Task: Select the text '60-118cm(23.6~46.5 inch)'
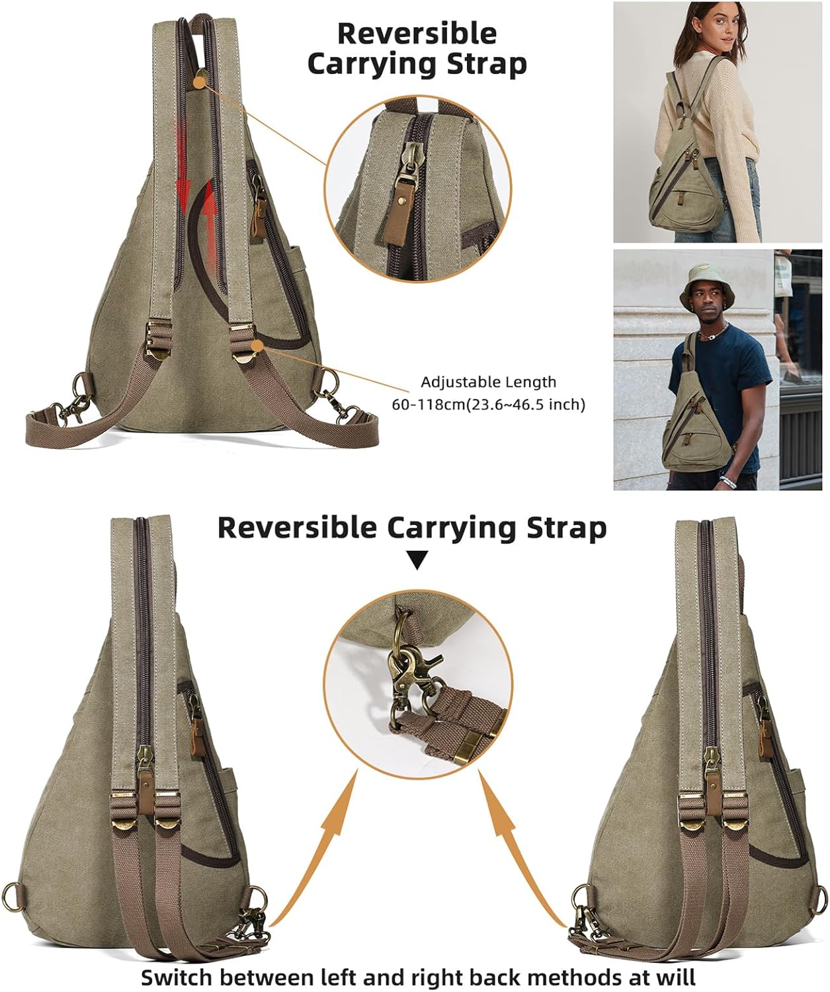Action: click(x=488, y=404)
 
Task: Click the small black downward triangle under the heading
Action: click(x=416, y=562)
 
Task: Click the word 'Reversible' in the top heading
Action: click(x=417, y=33)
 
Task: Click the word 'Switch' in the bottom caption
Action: click(x=180, y=977)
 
